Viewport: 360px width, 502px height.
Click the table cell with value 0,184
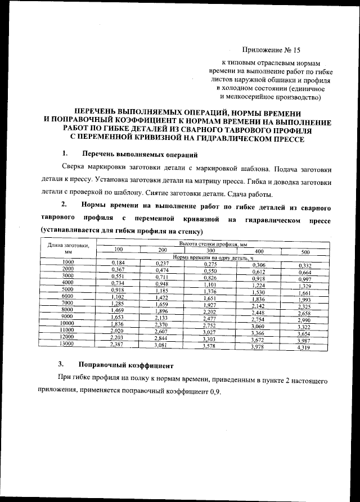[118, 263]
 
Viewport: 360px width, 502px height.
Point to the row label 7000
[68, 302]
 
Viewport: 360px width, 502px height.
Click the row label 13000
[68, 343]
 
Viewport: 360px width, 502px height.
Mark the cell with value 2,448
[258, 312]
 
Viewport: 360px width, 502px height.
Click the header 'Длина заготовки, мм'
[68, 248]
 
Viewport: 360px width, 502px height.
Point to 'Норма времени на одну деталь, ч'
[211, 257]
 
